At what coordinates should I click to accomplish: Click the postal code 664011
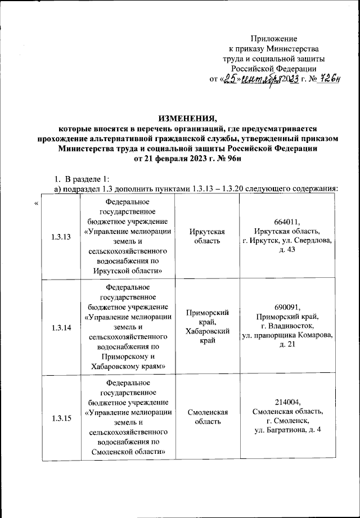click(x=286, y=223)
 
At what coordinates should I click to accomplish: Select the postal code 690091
click(x=286, y=307)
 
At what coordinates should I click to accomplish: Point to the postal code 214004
click(x=286, y=402)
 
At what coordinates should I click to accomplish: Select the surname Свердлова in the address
click(x=309, y=241)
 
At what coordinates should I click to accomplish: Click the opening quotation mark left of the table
click(x=37, y=203)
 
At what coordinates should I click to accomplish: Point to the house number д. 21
click(x=286, y=344)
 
